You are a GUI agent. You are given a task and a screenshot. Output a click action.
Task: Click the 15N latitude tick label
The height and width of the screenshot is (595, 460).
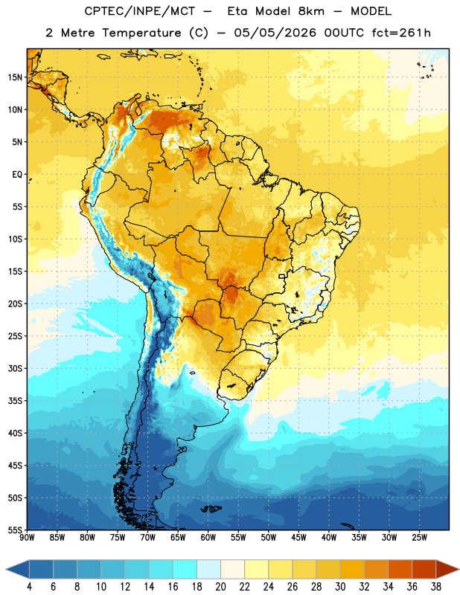[15, 77]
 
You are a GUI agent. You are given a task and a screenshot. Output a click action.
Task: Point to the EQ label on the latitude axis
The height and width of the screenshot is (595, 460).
[17, 175]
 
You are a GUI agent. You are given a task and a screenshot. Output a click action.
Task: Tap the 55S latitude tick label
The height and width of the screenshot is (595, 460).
[15, 530]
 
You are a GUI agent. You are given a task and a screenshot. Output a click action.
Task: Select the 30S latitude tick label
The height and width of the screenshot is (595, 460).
[15, 368]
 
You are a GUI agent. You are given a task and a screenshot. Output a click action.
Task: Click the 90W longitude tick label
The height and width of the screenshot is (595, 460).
[27, 538]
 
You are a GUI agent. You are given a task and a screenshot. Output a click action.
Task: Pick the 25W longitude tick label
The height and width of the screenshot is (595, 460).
[419, 538]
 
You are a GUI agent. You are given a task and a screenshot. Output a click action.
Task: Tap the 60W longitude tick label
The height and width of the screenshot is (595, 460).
[208, 538]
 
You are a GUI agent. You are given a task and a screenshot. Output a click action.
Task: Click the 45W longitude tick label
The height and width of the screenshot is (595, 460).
[298, 538]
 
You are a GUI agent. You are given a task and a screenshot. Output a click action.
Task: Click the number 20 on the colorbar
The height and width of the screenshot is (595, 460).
[220, 587]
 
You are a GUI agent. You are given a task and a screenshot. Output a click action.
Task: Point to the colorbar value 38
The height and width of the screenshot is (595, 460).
[436, 587]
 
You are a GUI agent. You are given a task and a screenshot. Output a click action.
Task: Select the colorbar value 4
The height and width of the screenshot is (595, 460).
[29, 587]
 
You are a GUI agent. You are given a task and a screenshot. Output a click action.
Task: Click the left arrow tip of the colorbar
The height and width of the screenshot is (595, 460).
[6, 570]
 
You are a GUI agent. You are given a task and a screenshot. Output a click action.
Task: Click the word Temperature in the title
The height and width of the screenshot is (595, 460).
[141, 33]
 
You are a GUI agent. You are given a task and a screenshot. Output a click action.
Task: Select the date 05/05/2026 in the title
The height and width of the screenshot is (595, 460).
[275, 33]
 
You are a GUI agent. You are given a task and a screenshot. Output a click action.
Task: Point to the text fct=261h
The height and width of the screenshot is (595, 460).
[401, 33]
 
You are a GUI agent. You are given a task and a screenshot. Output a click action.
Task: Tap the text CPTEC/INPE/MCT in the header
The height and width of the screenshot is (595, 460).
[139, 11]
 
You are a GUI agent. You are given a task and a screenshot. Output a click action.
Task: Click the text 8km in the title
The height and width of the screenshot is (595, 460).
[311, 11]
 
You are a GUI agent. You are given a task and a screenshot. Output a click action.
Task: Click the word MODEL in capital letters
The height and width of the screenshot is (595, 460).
[371, 11]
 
